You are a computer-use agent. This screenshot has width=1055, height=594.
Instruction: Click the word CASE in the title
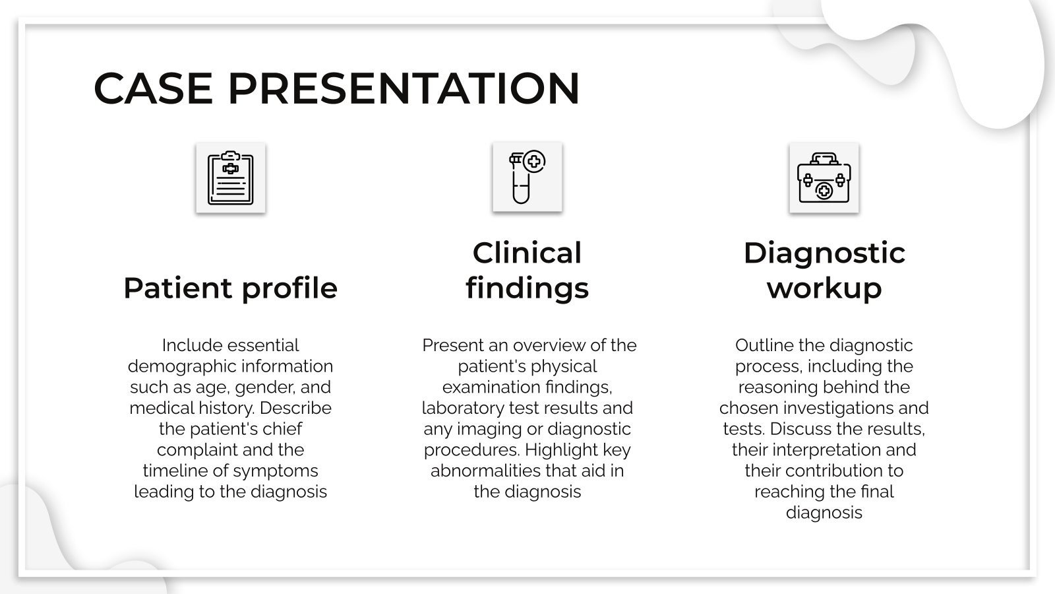pyautogui.click(x=153, y=88)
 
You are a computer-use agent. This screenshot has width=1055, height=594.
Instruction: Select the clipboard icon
pyautogui.click(x=230, y=178)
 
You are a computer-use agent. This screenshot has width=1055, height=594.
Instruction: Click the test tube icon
pyautogui.click(x=527, y=178)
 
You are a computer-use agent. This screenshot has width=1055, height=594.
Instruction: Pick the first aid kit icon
pyautogui.click(x=824, y=178)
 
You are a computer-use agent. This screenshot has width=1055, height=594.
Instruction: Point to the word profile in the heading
pyautogui.click(x=289, y=288)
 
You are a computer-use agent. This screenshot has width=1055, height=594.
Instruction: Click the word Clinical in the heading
pyautogui.click(x=527, y=253)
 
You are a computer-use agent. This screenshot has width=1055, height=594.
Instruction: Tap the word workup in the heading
pyautogui.click(x=824, y=288)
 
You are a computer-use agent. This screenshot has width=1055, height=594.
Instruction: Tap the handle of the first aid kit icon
pyautogui.click(x=824, y=158)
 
